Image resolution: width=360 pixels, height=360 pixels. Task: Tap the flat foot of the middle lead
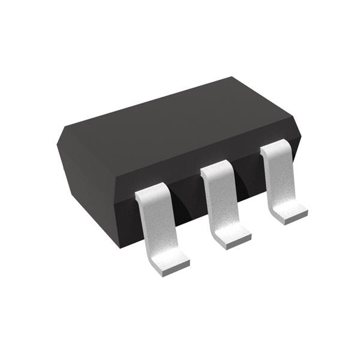[x=232, y=238]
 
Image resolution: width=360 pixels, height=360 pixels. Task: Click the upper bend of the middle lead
[x=214, y=169]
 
